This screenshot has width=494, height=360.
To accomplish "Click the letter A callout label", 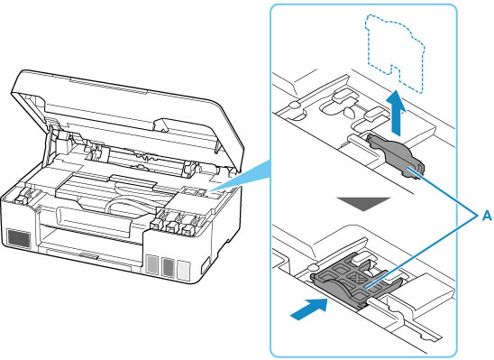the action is [487, 216].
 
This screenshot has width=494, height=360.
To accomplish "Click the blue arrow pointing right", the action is [309, 309].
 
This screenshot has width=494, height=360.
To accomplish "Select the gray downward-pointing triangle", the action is [363, 204].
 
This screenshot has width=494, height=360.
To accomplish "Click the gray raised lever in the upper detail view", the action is [398, 154].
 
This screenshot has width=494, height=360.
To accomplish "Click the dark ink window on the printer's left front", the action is [19, 239].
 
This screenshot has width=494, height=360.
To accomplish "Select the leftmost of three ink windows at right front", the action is [152, 264].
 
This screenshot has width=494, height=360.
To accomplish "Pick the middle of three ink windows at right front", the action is [168, 267].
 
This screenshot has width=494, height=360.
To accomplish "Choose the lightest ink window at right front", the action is [184, 270].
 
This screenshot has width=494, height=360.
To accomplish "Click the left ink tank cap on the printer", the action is [22, 197].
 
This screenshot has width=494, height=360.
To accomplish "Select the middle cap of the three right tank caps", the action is [173, 222].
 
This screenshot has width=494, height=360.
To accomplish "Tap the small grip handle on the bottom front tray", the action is [89, 255].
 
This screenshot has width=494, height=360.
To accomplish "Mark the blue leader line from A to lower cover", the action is [421, 251].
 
